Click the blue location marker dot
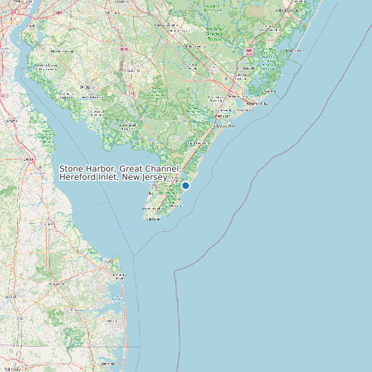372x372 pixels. click(x=185, y=185)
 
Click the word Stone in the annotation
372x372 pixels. click(x=72, y=168)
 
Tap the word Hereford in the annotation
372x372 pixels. click(x=78, y=177)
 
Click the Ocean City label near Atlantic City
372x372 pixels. click(x=225, y=126)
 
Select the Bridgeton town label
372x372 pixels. click(x=88, y=88)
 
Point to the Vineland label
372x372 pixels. click(x=130, y=71)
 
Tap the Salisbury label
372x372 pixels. click(x=14, y=369)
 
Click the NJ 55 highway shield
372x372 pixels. click(x=124, y=50)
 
